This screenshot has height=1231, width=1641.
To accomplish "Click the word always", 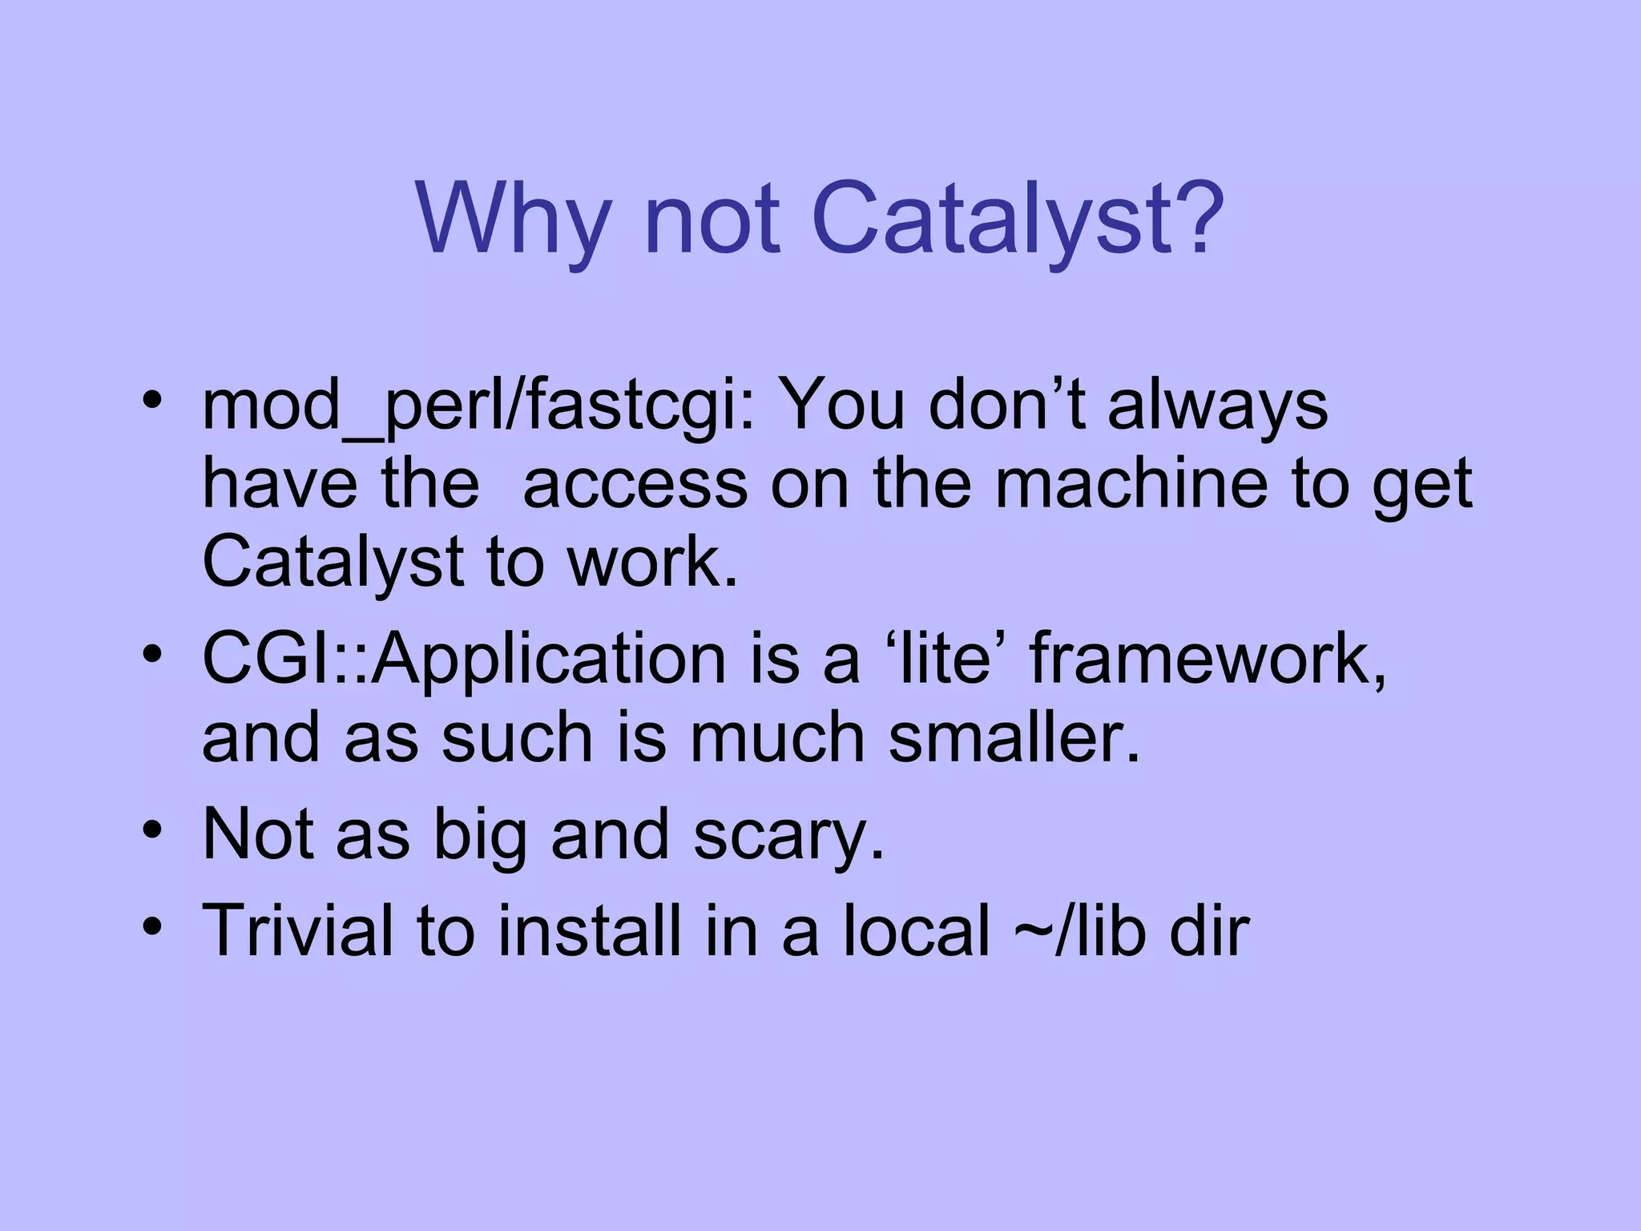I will pyautogui.click(x=1217, y=406).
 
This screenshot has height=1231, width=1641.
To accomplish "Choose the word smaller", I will pyautogui.click(x=1014, y=737).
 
